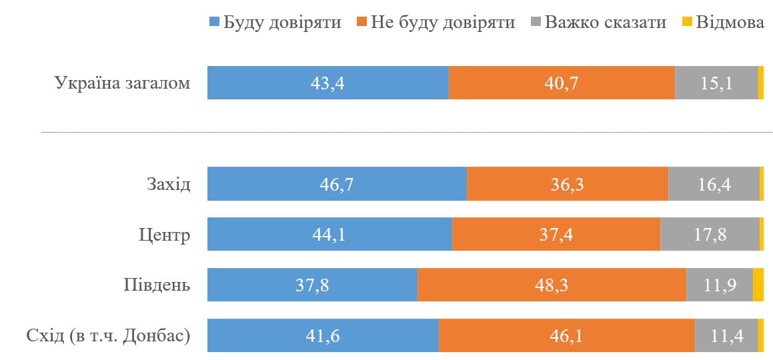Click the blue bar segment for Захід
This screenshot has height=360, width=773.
click(337, 184)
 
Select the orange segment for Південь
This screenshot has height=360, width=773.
click(552, 285)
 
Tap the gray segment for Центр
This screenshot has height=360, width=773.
click(710, 235)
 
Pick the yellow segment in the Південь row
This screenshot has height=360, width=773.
click(758, 285)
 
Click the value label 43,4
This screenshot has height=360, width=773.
click(327, 83)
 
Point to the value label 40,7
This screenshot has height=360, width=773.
click(562, 83)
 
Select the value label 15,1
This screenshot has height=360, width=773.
click(717, 83)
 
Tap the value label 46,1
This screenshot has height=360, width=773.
click(567, 336)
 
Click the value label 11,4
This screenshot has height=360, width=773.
click(726, 336)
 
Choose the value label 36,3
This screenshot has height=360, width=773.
click(568, 184)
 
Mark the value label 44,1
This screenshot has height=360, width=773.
click(329, 235)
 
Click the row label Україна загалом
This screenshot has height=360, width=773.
click(123, 84)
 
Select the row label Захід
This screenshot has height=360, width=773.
click(168, 185)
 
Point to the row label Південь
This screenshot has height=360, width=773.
click(157, 285)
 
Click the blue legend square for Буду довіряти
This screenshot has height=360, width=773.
click(214, 22)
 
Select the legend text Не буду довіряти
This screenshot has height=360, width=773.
click(444, 22)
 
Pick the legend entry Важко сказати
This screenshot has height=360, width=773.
click(605, 22)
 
